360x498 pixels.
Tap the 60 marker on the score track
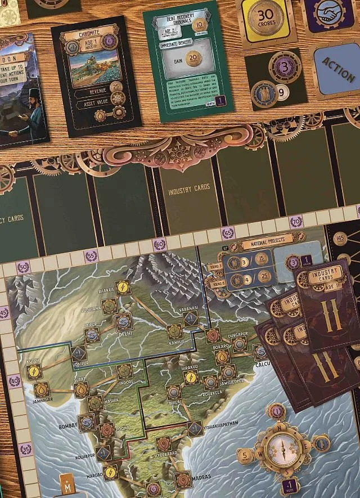pos(159,245)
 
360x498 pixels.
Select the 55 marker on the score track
pos(91,256)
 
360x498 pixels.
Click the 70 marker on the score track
pos(296,222)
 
